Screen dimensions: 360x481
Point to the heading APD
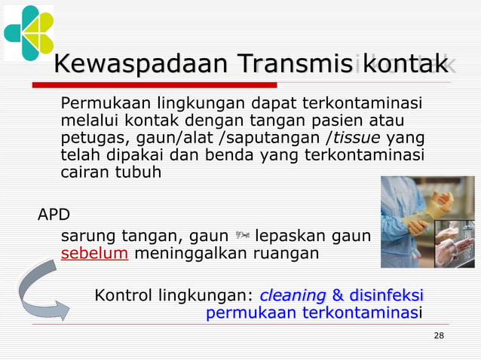54,215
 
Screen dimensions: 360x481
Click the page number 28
439,334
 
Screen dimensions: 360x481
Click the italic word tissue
356,138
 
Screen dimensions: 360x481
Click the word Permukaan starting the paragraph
97,103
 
